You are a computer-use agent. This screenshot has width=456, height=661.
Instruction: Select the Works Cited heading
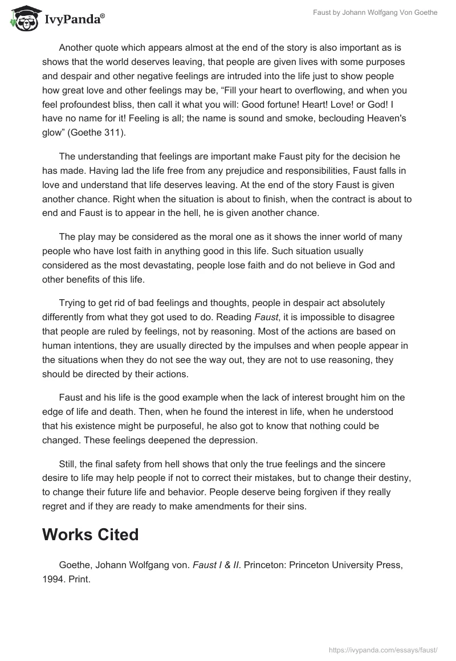(x=90, y=534)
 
